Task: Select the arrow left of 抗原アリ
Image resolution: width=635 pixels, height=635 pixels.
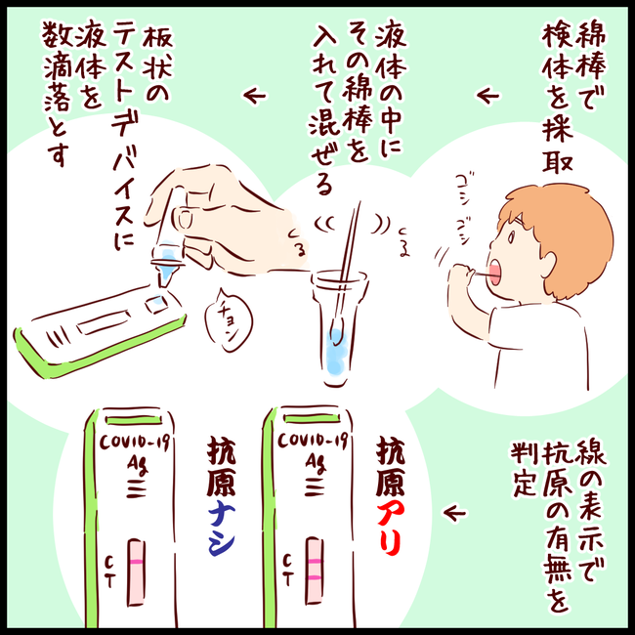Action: pyautogui.click(x=453, y=511)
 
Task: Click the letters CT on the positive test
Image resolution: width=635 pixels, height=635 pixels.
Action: pyautogui.click(x=286, y=571)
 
